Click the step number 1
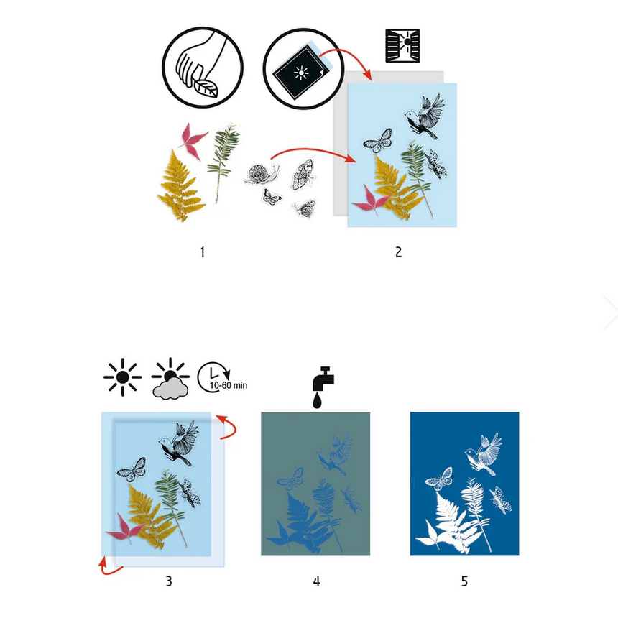(203, 252)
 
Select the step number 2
(398, 252)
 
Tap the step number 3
(169, 581)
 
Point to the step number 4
(316, 581)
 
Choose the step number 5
(464, 581)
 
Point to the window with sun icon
(402, 47)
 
